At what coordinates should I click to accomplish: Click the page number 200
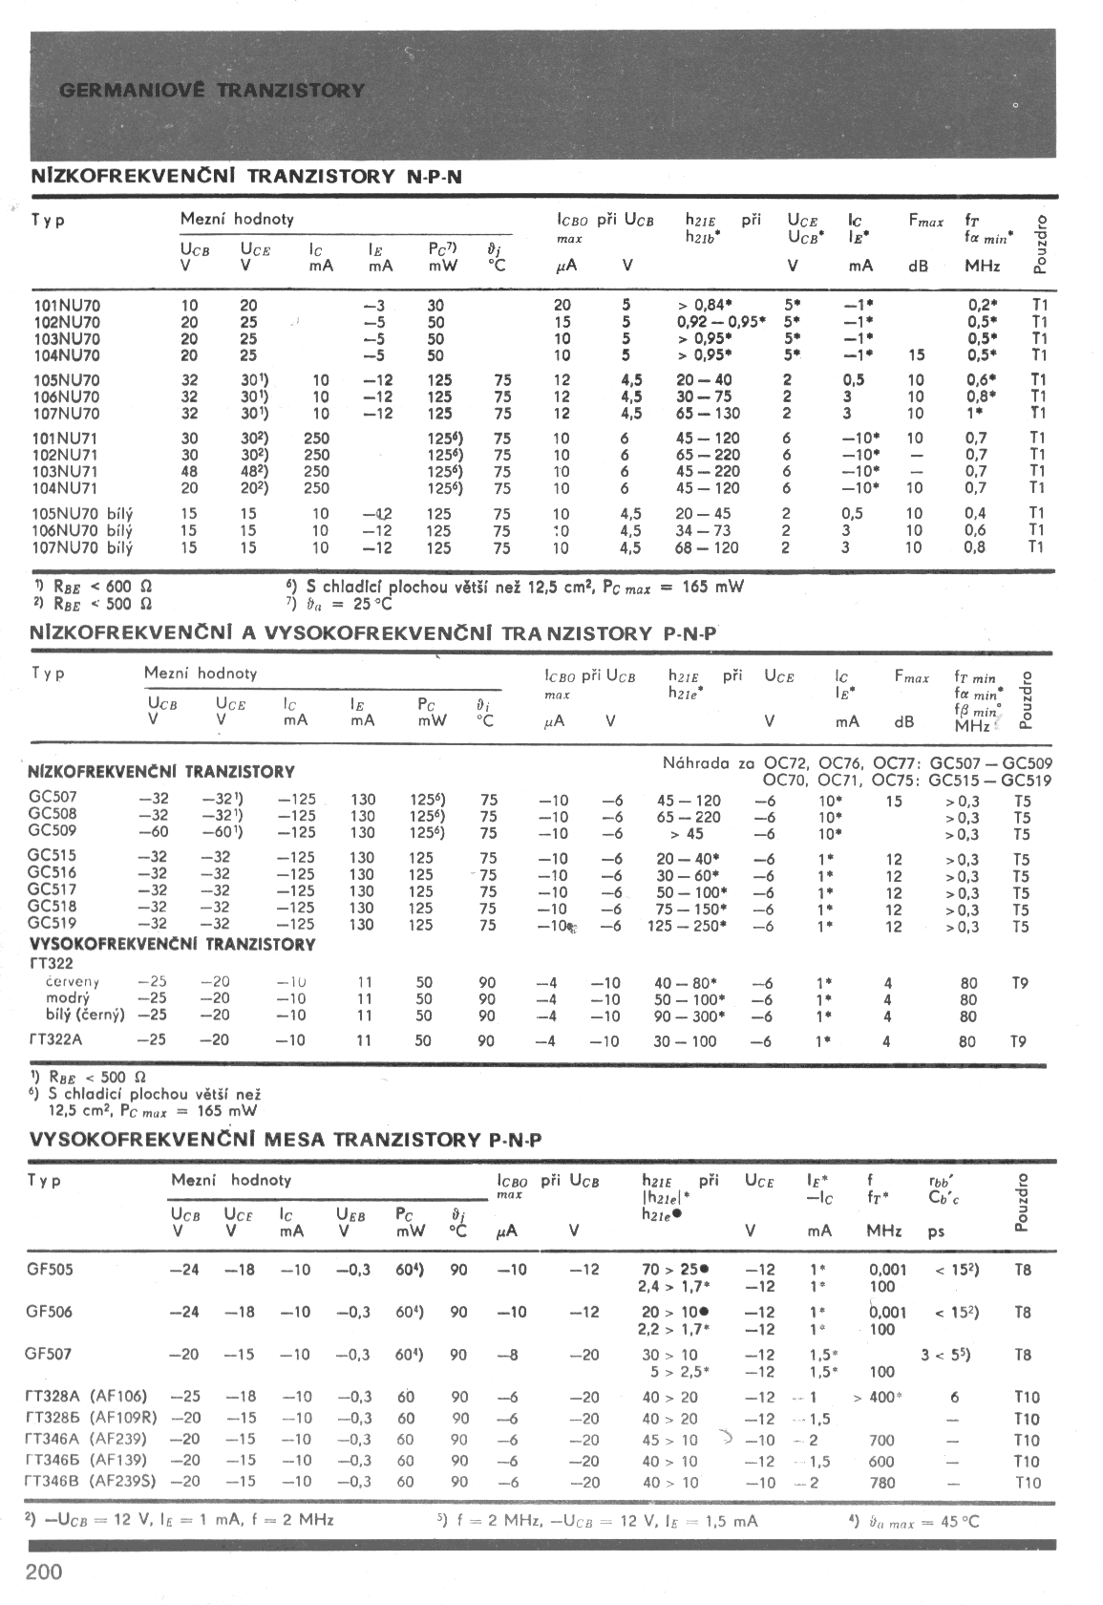44,1573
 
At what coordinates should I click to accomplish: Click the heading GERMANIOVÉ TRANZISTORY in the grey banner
212,91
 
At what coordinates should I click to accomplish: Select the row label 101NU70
66,306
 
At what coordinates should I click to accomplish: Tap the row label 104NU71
66,488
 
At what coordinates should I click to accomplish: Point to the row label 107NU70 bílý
83,548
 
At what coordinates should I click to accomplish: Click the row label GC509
53,831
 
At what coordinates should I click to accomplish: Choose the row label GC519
53,924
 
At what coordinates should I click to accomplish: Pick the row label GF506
50,1312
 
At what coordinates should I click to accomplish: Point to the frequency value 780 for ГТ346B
882,1483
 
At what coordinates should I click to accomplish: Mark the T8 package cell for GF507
1023,1355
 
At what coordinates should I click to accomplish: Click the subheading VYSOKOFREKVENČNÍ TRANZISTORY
172,944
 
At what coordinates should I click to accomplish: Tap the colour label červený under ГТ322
73,982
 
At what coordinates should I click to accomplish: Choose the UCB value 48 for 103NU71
189,472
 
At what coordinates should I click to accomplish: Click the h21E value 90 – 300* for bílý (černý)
689,1016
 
